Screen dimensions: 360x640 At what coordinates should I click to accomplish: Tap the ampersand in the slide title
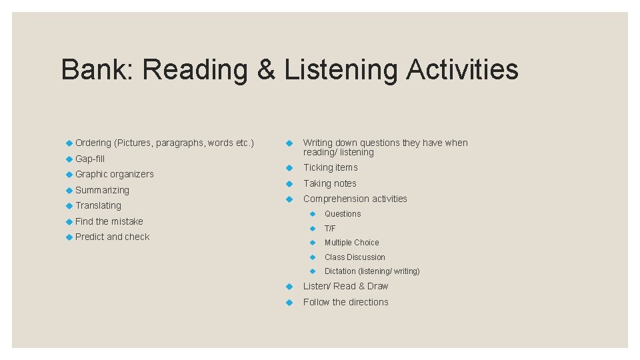point(265,69)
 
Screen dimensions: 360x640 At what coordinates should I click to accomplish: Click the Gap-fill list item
point(90,159)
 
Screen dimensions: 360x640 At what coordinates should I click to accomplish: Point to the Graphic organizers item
point(114,174)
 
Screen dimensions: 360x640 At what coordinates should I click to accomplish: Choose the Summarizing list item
point(102,190)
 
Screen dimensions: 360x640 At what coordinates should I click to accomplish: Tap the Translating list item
point(98,205)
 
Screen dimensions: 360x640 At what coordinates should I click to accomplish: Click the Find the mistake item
point(109,221)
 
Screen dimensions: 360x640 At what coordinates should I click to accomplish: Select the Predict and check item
point(112,237)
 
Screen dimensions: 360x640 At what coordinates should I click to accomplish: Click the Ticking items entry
point(330,167)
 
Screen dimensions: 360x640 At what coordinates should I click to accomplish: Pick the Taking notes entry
point(329,183)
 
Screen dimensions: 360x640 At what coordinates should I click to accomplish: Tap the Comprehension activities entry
point(355,199)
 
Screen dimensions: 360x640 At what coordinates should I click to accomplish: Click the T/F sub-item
point(330,228)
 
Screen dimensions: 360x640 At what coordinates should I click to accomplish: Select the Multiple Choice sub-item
point(351,243)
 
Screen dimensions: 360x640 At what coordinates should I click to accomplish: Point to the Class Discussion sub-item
point(355,257)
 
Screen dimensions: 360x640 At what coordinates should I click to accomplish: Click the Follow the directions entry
point(345,302)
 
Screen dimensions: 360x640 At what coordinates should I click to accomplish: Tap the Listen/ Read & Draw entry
point(345,286)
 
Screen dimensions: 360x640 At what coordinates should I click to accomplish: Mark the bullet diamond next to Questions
point(311,214)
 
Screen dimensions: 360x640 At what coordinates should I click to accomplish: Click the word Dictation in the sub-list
point(340,271)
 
